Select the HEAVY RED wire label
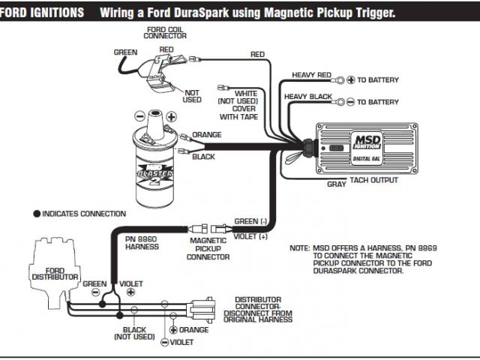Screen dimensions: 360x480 pyautogui.click(x=311, y=75)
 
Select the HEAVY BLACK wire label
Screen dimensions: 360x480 pyautogui.click(x=307, y=97)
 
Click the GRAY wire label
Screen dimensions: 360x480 pyautogui.click(x=337, y=183)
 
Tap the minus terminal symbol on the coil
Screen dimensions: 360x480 pyautogui.click(x=138, y=116)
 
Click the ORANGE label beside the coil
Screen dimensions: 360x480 pyautogui.click(x=206, y=135)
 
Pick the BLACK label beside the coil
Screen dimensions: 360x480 pyautogui.click(x=203, y=157)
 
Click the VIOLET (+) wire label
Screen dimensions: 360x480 pyautogui.click(x=251, y=236)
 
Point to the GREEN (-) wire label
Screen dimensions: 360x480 pyautogui.click(x=250, y=221)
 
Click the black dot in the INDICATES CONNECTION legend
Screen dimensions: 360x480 pyautogui.click(x=36, y=214)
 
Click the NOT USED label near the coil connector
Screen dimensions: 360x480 pyautogui.click(x=192, y=96)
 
